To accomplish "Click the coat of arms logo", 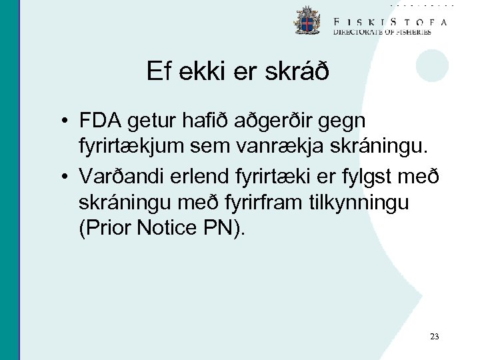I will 307,21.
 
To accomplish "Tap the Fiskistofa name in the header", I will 390,21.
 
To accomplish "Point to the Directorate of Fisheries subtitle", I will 382,32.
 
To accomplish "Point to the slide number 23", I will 435,337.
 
